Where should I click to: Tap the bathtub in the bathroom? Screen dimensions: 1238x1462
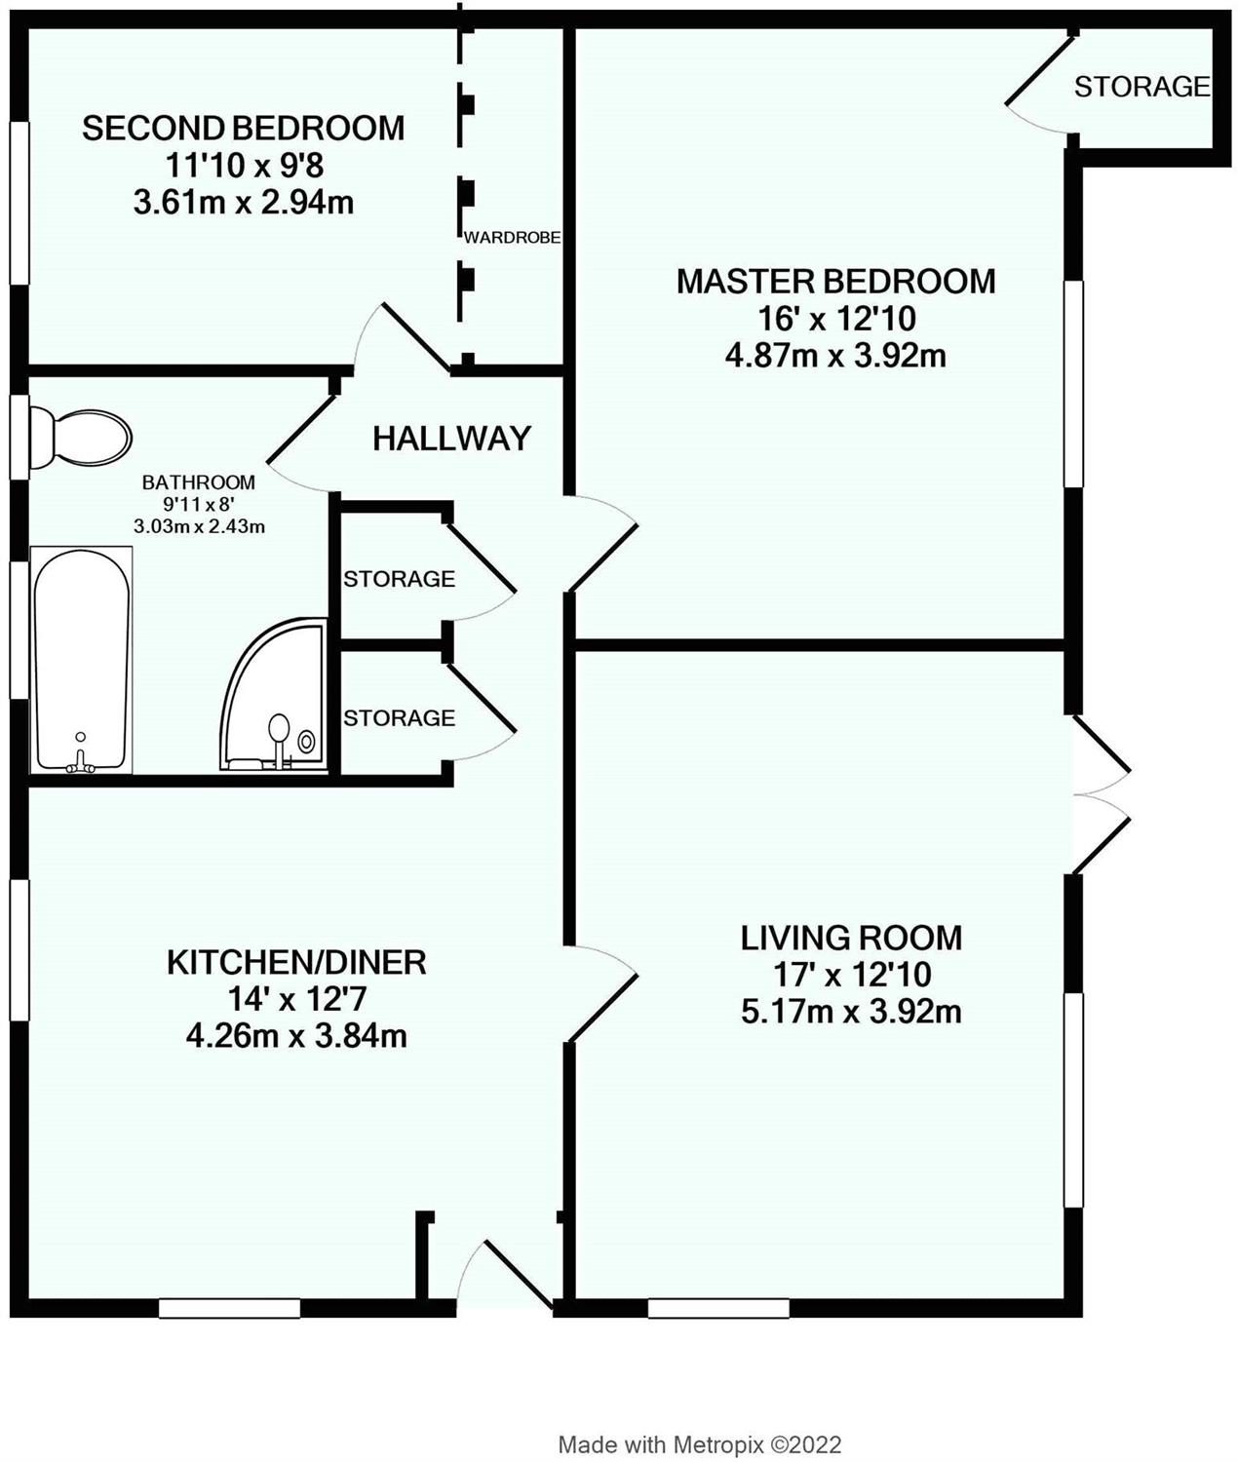click(81, 659)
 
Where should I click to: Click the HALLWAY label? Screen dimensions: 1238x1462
click(451, 439)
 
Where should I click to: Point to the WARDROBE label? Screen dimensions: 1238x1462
click(512, 238)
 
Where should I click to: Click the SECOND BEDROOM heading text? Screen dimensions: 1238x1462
click(244, 128)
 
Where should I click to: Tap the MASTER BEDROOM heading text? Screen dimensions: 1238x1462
click(835, 282)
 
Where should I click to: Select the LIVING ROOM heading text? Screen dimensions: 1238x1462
click(851, 938)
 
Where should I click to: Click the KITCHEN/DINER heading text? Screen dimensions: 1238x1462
click(296, 963)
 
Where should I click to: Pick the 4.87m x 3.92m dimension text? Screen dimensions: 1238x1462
click(835, 356)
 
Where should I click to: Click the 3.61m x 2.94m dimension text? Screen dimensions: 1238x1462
click(244, 203)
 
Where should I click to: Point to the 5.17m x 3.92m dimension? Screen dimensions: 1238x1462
click(851, 1012)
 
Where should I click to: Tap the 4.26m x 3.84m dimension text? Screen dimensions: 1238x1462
click(296, 1037)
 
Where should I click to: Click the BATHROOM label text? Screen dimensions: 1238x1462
click(199, 482)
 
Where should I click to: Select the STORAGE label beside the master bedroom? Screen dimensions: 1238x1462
click(1141, 87)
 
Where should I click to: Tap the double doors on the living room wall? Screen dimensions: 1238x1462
click(1102, 794)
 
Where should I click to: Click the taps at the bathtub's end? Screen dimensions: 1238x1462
click(81, 762)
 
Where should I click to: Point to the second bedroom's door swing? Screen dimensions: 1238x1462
click(404, 338)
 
